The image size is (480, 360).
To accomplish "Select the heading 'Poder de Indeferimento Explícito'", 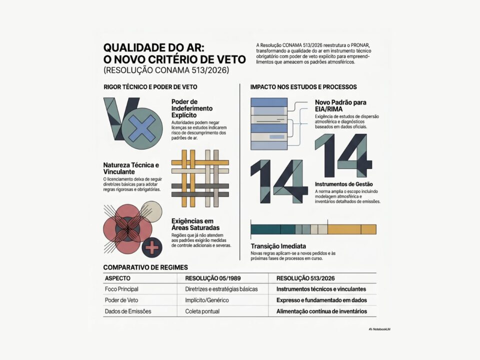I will [192, 108].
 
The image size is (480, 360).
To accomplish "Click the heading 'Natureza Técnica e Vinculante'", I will [131, 168].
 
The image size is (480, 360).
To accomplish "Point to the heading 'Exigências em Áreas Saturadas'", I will [192, 224].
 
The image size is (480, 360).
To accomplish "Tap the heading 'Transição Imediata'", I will [278, 246].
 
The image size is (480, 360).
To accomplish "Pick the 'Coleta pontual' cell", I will [202, 311].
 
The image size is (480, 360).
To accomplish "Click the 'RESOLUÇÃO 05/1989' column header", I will [212, 278].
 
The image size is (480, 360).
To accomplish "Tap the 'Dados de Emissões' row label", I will [128, 311].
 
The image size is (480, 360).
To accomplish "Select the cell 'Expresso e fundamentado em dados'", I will [321, 300].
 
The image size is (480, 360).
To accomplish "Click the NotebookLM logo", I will [378, 329].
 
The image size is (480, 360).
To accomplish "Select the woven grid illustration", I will [200, 178].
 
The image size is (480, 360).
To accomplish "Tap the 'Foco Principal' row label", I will [121, 289].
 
